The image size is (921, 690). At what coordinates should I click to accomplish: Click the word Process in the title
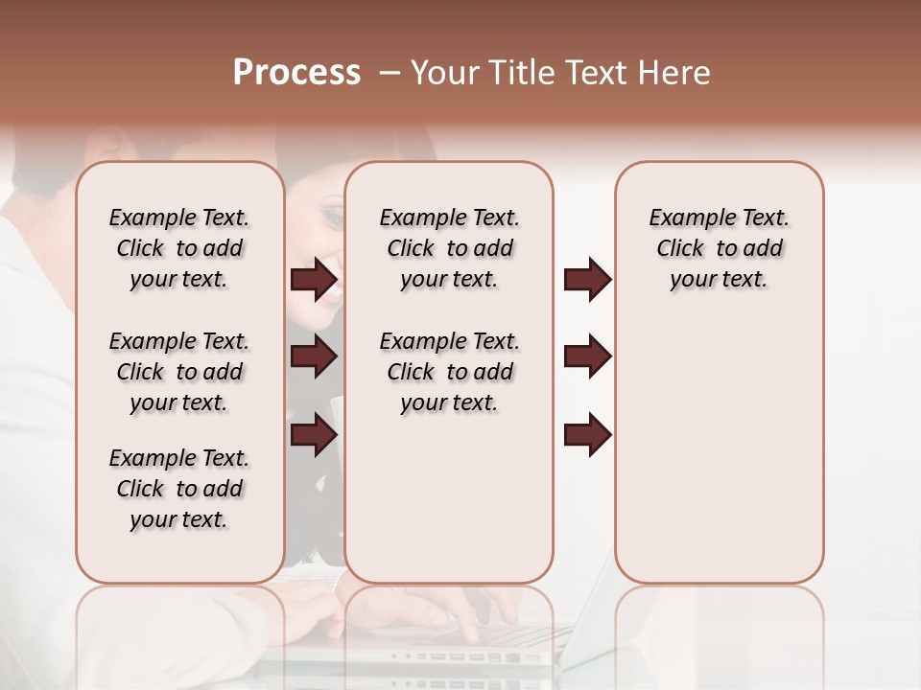[x=296, y=73]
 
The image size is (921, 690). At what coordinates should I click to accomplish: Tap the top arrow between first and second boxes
[x=314, y=280]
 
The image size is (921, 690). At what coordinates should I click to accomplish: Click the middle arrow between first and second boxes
[x=314, y=357]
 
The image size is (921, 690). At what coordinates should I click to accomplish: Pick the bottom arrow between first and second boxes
[x=314, y=435]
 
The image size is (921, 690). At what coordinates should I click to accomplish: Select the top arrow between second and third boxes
[x=587, y=280]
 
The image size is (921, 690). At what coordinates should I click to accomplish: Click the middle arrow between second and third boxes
[x=587, y=357]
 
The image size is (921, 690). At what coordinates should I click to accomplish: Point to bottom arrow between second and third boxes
[x=587, y=435]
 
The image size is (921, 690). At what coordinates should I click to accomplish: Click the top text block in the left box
[x=179, y=248]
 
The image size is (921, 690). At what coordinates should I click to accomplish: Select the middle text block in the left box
[x=179, y=372]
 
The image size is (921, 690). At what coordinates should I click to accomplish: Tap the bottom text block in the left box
[x=179, y=489]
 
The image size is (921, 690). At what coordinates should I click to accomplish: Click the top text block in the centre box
[x=449, y=248]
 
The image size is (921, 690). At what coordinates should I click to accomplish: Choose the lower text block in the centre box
[x=449, y=372]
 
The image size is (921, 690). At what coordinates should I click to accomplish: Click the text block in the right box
[x=719, y=248]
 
